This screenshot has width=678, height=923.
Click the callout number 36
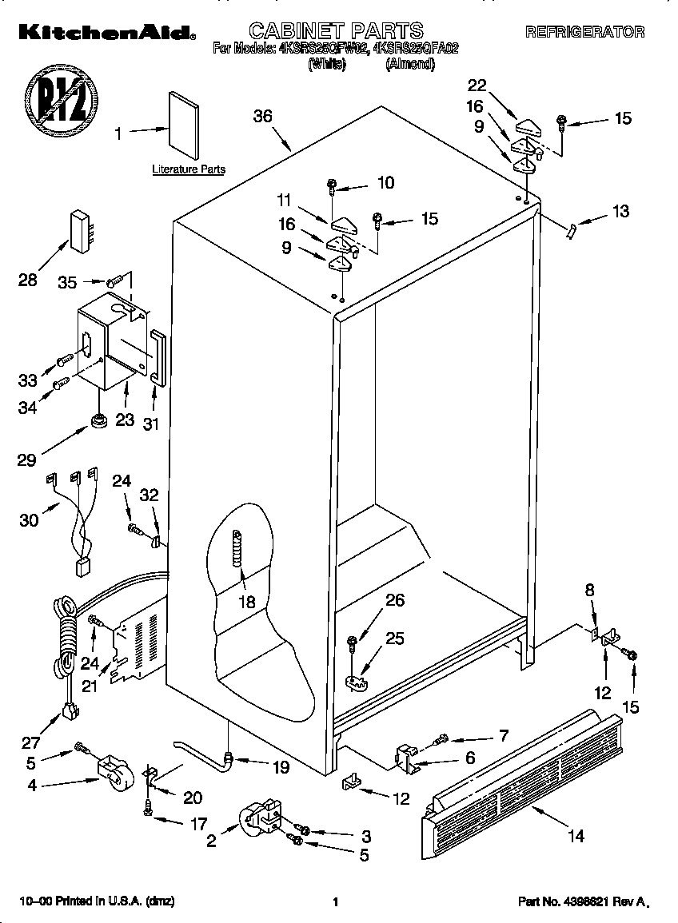coord(262,116)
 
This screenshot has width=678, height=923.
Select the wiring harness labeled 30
coord(74,519)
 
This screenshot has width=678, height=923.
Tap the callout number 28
coord(29,280)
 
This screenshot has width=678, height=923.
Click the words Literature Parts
coord(189,169)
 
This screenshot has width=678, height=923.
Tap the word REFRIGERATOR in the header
coord(584,32)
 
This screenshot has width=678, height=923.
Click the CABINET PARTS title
coord(336,31)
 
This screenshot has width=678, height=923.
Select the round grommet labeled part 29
coord(100,420)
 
